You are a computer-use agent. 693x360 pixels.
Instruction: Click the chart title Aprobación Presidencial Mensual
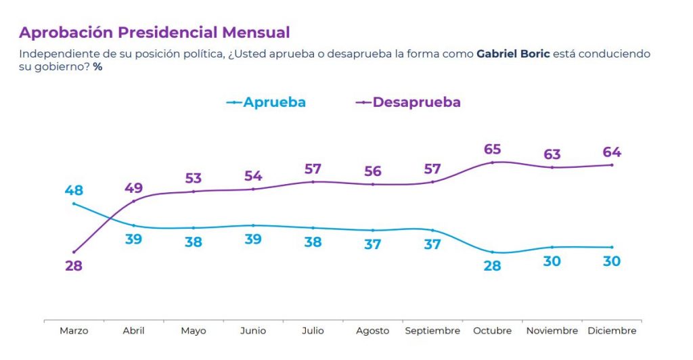tap(154, 32)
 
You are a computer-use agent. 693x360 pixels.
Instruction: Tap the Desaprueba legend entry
tap(408, 102)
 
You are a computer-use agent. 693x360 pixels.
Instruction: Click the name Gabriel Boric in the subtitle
tap(513, 53)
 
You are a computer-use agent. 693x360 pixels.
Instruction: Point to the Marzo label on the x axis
tap(74, 331)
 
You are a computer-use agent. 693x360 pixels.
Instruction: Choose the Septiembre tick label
tap(432, 331)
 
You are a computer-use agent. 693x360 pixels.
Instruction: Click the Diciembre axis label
tap(612, 331)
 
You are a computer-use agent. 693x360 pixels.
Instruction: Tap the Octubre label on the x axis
tap(492, 331)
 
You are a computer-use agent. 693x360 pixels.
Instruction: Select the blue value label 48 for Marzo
tap(74, 190)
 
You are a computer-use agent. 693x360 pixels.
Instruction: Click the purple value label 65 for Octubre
tap(492, 149)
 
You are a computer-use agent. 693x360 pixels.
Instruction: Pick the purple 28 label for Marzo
tap(74, 266)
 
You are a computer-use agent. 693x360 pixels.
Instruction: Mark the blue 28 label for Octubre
tap(492, 266)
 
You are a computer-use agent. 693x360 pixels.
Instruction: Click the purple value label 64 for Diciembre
tap(612, 152)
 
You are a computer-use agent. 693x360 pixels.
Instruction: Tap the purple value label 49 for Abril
tap(133, 187)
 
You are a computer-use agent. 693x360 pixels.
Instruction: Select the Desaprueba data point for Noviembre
tap(552, 167)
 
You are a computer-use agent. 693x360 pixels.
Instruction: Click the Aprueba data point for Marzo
tap(74, 204)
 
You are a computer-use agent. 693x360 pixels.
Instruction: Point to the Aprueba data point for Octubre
tap(492, 252)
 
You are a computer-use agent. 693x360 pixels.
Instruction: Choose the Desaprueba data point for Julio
tap(313, 181)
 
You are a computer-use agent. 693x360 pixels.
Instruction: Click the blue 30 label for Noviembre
tap(552, 261)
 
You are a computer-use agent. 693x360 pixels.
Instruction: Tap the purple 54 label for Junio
tap(253, 176)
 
